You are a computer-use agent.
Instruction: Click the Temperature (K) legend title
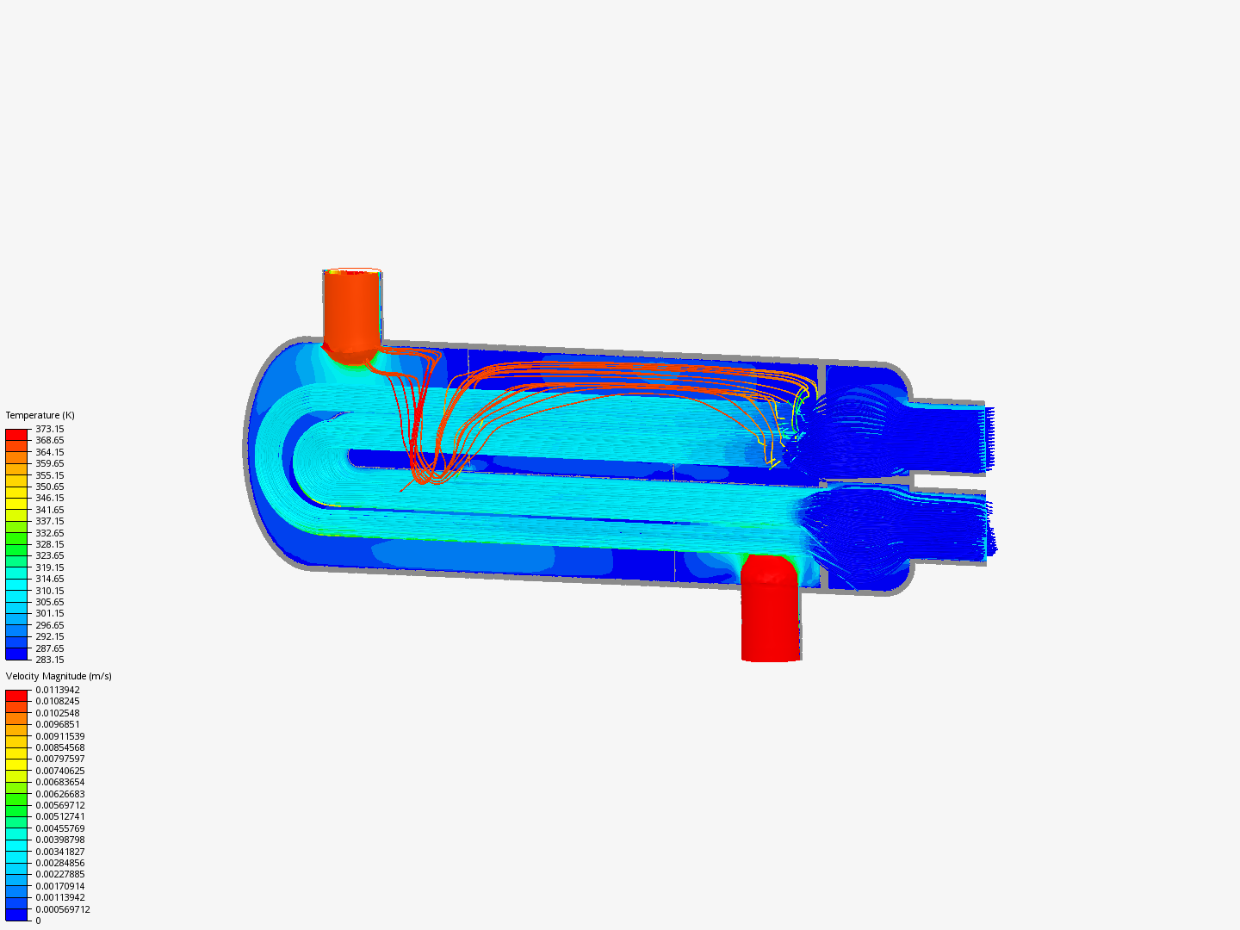pos(40,415)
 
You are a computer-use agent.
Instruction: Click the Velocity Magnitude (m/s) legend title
pos(59,676)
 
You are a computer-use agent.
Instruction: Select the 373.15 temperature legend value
pos(49,429)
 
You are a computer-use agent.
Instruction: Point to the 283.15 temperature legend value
pos(49,660)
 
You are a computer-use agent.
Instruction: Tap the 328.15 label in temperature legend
pos(49,544)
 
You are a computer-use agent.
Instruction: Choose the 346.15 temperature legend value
pos(49,498)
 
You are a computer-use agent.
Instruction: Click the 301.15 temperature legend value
pos(49,613)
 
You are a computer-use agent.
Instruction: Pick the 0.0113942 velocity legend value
pos(57,690)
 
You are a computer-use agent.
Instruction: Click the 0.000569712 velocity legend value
pos(62,909)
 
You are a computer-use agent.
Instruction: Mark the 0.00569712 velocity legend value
pos(59,805)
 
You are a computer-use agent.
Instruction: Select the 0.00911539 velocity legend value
pos(59,736)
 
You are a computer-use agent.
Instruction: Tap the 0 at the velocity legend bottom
pos(38,921)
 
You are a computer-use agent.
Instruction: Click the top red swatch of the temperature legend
pos(16,434)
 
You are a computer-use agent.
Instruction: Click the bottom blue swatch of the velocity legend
pos(16,914)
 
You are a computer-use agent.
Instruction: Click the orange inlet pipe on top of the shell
pos(351,310)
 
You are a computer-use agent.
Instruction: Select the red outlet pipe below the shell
pos(771,611)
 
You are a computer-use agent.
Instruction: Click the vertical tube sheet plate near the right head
pos(821,478)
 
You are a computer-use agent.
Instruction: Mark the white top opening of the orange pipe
pos(353,270)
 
